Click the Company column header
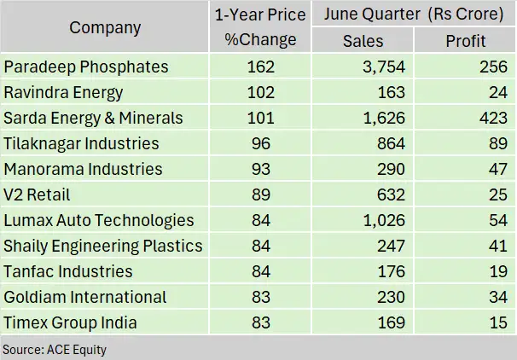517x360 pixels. (105, 27)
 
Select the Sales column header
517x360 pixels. (363, 40)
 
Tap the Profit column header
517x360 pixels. (465, 40)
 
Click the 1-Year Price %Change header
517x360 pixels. (260, 27)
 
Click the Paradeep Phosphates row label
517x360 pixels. (86, 66)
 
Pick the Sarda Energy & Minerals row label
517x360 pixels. (93, 117)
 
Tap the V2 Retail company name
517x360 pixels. (39, 195)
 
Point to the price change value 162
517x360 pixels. (260, 66)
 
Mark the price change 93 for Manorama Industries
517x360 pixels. (260, 169)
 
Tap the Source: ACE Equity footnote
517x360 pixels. (55, 348)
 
